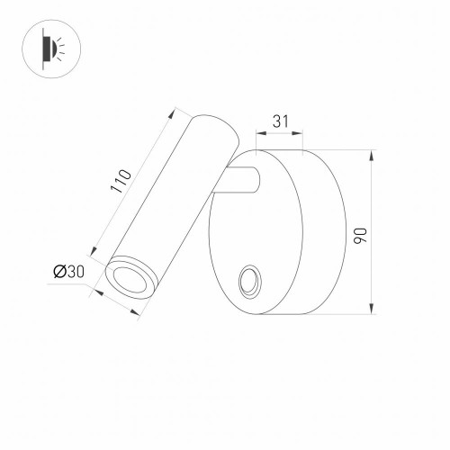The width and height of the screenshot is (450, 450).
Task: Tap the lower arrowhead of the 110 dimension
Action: point(94,250)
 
